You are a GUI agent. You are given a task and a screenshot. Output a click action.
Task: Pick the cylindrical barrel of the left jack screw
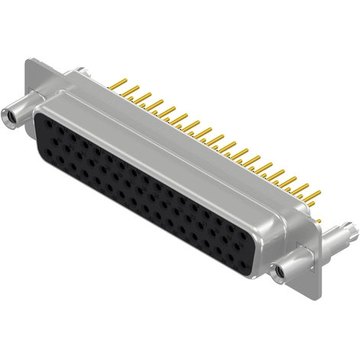23,112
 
